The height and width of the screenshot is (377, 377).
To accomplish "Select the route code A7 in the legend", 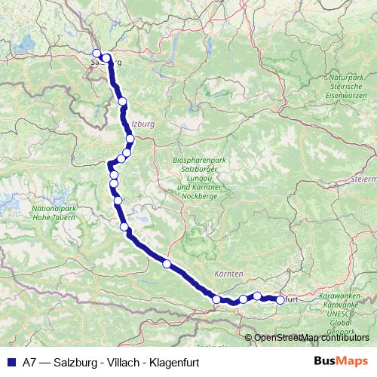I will (30, 360).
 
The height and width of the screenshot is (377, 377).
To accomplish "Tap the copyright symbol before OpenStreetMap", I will (248, 338).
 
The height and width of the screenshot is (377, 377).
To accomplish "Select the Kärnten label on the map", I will (228, 272).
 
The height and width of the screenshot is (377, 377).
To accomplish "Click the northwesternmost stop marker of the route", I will (97, 53).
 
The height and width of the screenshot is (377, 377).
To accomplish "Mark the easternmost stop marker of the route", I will (280, 300).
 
